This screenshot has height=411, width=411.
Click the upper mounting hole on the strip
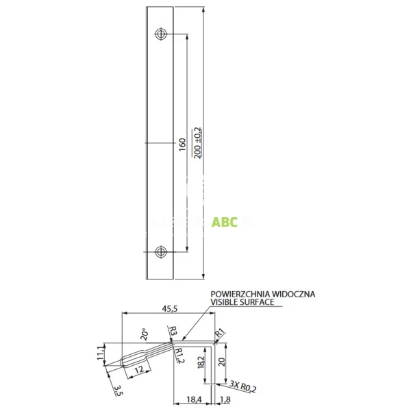(x=160, y=34)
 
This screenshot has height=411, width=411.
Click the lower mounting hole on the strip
(x=160, y=251)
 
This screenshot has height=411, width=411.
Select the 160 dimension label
(x=182, y=145)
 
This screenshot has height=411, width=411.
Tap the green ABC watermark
(x=224, y=223)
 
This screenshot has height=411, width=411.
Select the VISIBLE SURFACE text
(x=242, y=302)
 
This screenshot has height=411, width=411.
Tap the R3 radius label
(x=174, y=332)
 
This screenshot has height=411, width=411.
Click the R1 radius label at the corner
(x=221, y=334)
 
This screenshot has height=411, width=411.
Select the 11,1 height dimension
(x=100, y=353)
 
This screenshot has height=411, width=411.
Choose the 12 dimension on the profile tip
(x=138, y=370)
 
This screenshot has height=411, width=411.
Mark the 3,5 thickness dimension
(x=117, y=391)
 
